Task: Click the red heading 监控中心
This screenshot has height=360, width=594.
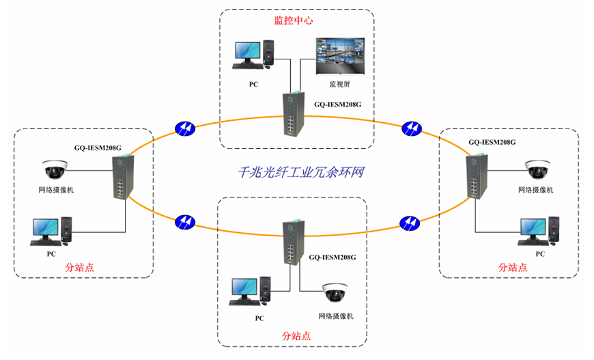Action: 294,20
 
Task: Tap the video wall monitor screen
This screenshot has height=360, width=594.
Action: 339,55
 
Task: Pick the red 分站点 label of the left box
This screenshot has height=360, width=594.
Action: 79,267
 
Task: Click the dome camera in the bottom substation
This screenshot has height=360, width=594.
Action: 336,292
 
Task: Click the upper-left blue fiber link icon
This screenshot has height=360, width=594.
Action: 185,128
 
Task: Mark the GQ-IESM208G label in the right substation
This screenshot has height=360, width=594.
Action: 492,142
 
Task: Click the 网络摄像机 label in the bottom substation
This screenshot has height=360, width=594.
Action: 336,316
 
